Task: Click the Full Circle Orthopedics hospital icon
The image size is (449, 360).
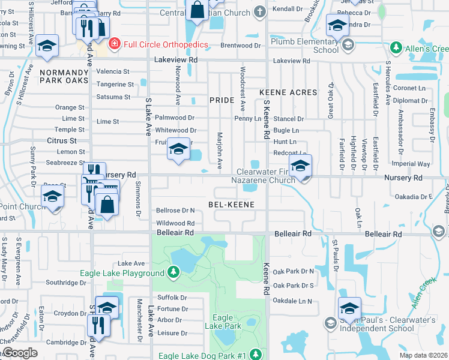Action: [113, 44]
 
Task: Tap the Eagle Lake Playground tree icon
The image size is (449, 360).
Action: [173, 273]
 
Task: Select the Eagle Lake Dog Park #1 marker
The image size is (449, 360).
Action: [256, 355]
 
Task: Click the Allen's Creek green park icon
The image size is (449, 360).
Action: [396, 47]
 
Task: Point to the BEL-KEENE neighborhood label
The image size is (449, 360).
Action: [231, 205]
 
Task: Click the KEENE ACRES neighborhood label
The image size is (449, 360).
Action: [288, 92]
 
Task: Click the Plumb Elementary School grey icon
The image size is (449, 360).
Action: [348, 46]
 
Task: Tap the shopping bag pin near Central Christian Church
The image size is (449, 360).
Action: [197, 10]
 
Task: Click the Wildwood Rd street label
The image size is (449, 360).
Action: [175, 223]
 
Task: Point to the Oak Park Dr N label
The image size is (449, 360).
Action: [294, 272]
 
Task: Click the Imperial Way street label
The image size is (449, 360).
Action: [411, 164]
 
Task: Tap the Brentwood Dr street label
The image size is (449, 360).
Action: [241, 46]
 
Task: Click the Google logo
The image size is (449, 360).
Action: [20, 353]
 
